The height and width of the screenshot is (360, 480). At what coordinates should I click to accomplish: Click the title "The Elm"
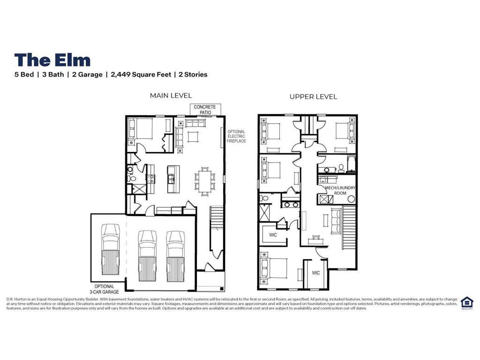[52, 60]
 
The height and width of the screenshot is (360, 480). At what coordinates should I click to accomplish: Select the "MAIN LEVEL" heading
[171, 96]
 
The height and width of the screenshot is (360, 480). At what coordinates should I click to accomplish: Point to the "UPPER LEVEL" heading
[313, 97]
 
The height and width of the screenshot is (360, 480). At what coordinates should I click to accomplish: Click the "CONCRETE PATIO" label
[205, 110]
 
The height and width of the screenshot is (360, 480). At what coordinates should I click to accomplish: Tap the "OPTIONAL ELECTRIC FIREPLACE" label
[236, 136]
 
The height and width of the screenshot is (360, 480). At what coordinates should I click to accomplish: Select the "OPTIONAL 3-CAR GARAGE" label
[104, 289]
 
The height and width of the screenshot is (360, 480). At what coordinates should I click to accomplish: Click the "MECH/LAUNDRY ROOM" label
[340, 190]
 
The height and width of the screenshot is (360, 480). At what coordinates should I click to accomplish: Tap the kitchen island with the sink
[172, 180]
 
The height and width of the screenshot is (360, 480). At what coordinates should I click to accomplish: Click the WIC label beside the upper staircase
[315, 273]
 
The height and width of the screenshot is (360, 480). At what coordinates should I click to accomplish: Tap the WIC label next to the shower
[272, 234]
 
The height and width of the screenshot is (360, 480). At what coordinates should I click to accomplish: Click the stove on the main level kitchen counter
[151, 178]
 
